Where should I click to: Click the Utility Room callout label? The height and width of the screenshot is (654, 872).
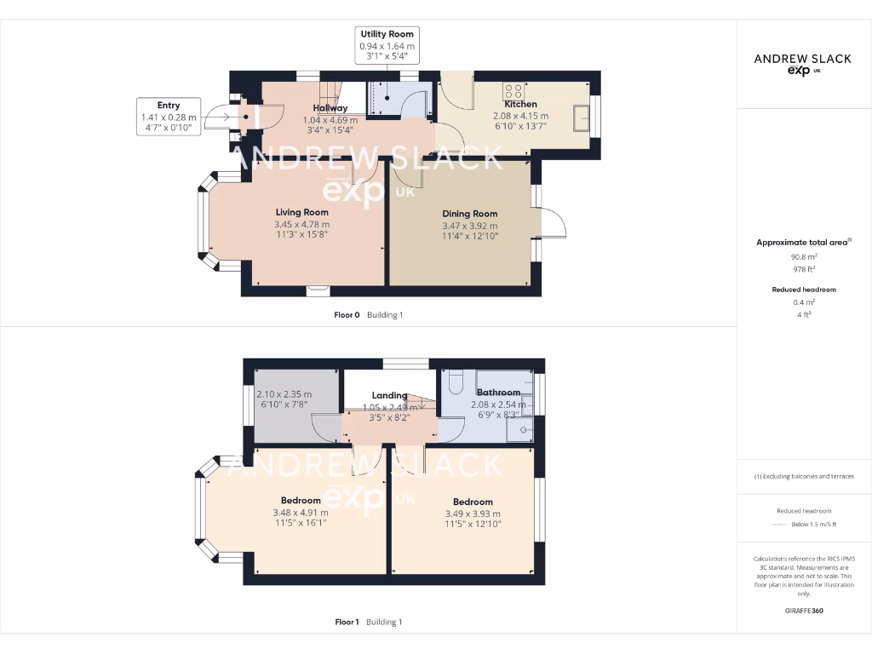click(x=387, y=34)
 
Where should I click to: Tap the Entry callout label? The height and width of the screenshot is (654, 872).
click(x=168, y=106)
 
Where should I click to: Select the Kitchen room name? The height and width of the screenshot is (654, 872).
click(x=520, y=104)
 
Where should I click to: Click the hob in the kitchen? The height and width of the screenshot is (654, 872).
click(x=513, y=89)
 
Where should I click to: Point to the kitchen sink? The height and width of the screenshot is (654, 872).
click(x=582, y=118)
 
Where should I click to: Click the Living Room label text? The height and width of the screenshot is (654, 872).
click(x=301, y=212)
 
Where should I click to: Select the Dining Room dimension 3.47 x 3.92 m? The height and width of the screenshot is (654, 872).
click(x=469, y=226)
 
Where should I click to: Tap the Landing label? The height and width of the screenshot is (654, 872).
click(x=389, y=395)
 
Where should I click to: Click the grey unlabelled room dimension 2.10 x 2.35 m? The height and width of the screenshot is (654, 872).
click(x=284, y=394)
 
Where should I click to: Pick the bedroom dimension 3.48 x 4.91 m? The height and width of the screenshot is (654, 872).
click(x=301, y=513)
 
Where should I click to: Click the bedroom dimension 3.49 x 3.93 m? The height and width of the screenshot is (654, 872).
click(x=473, y=513)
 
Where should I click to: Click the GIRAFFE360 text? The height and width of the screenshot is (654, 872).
click(x=805, y=611)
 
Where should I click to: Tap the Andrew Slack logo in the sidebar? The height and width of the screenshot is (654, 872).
click(x=803, y=64)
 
